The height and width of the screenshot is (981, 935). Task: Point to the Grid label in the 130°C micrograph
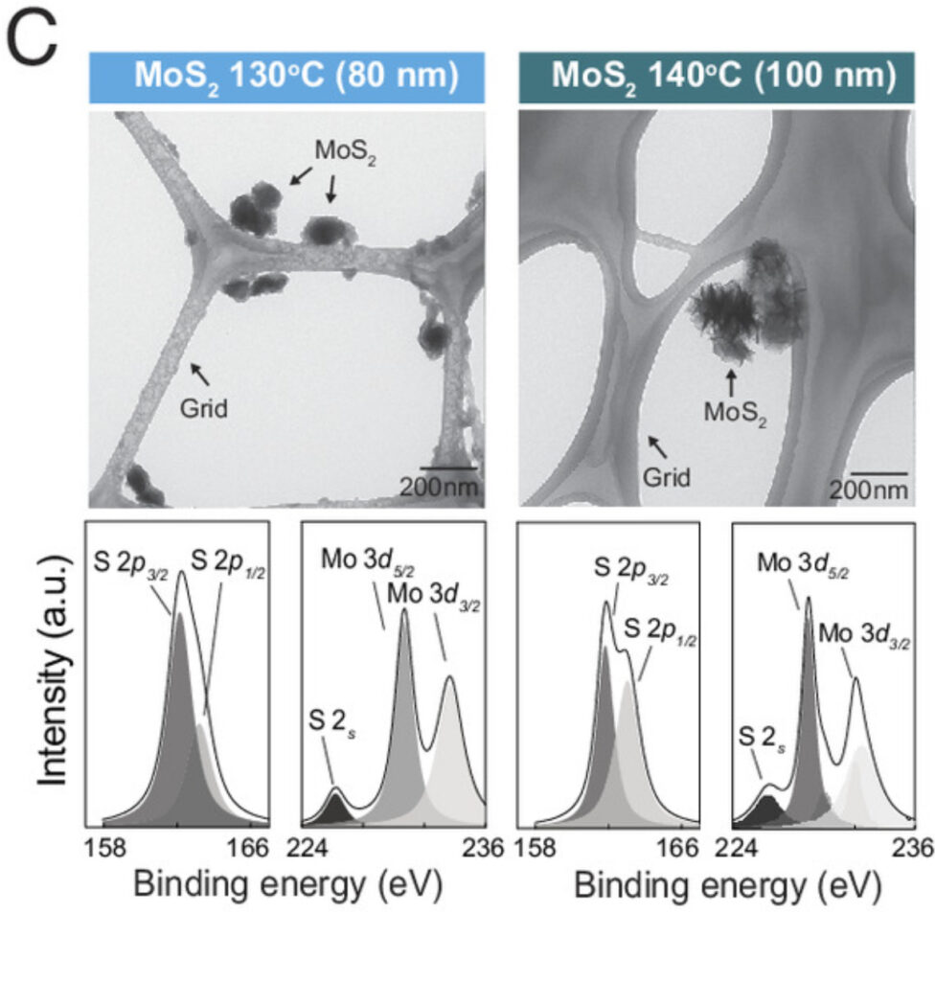click(x=204, y=410)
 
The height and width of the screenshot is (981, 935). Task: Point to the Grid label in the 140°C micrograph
click(x=666, y=476)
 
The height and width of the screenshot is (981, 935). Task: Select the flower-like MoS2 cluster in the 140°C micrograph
click(x=747, y=302)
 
